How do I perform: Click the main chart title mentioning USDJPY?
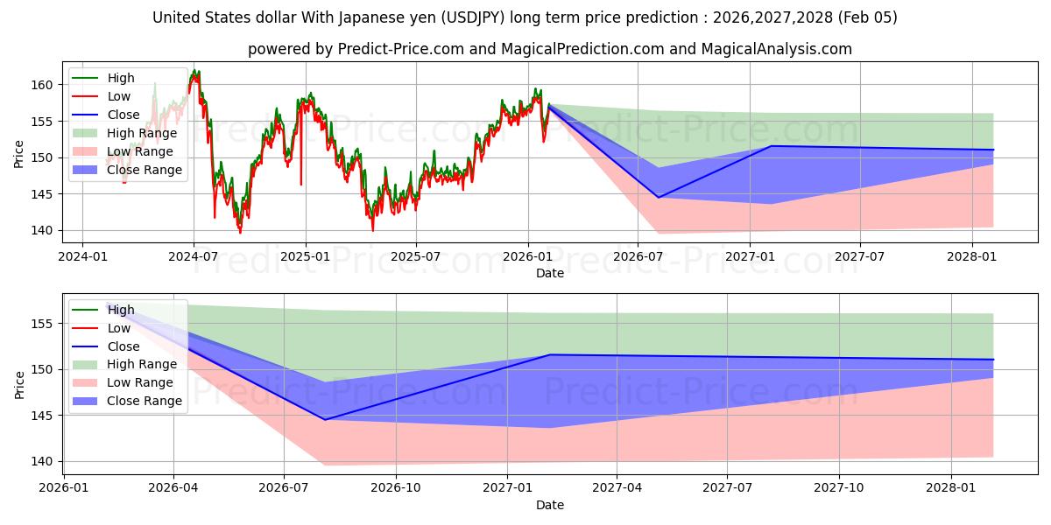525,17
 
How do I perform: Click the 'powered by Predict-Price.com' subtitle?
549,49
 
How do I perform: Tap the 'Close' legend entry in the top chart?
123,115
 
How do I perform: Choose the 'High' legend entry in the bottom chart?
121,310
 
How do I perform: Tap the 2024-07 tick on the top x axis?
193,258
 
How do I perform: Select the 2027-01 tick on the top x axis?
750,258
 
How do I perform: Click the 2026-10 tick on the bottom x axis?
395,489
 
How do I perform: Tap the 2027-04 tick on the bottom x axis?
617,489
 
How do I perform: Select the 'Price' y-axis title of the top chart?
19,154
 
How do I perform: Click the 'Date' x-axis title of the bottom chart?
549,505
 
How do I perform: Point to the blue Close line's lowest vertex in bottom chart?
325,420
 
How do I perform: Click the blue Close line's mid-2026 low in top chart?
659,198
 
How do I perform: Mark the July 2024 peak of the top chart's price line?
194,71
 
